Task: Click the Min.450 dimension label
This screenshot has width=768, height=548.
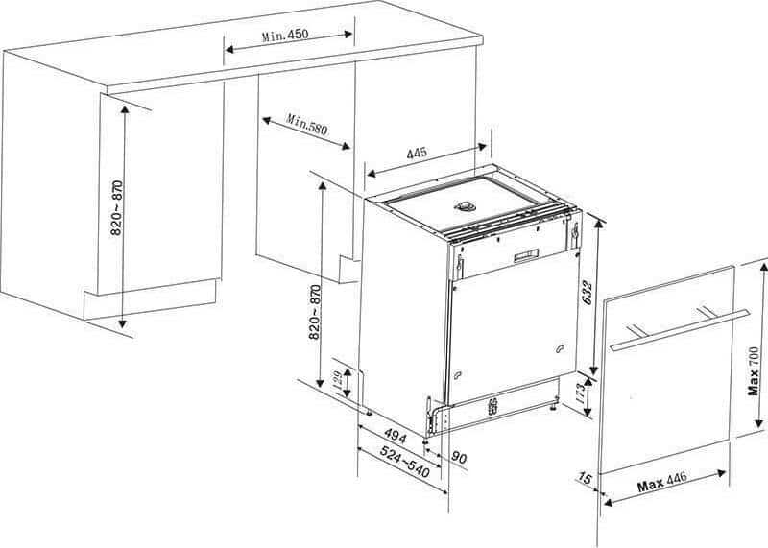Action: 285,36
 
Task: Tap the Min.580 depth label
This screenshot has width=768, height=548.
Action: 307,125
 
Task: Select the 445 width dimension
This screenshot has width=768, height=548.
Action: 417,153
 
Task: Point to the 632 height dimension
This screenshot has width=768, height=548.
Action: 588,293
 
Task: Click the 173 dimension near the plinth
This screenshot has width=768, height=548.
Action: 580,393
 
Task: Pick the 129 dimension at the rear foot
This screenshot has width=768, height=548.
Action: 338,381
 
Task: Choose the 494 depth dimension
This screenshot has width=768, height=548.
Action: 396,435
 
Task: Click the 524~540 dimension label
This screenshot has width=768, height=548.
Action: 405,463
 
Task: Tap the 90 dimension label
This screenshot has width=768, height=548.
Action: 459,458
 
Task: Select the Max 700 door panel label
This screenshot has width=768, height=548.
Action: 754,370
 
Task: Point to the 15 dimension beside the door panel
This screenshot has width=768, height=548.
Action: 585,478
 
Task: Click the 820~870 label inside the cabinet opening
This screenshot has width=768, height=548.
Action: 116,207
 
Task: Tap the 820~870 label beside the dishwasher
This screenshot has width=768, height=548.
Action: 315,312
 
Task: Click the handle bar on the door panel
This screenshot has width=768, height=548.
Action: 680,330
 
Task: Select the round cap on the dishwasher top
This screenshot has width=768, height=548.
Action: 466,206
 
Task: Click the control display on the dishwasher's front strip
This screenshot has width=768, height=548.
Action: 526,255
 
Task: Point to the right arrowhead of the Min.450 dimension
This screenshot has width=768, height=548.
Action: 348,35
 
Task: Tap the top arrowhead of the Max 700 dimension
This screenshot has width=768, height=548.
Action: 763,268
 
